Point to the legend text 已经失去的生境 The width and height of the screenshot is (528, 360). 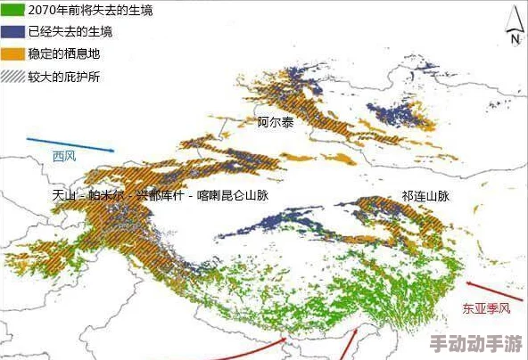pyautogui.click(x=70, y=32)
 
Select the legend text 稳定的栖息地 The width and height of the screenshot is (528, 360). pyautogui.click(x=64, y=54)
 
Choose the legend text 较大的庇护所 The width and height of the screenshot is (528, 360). pyautogui.click(x=64, y=77)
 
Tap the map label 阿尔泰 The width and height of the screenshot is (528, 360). pyautogui.click(x=276, y=122)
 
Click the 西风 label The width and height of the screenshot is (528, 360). pyautogui.click(x=64, y=157)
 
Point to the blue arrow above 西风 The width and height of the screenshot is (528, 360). pyautogui.click(x=70, y=144)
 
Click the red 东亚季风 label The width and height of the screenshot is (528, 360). pyautogui.click(x=485, y=309)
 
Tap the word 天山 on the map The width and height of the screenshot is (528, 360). pyautogui.click(x=65, y=195)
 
